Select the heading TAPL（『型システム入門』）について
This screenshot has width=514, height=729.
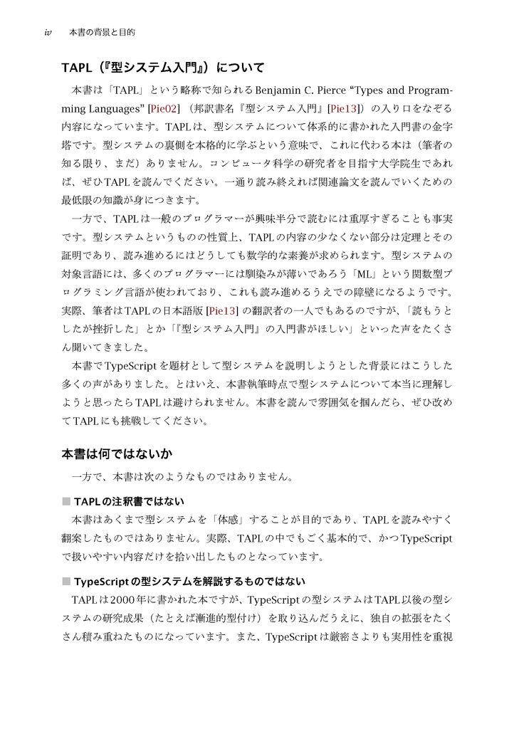pyautogui.click(x=163, y=68)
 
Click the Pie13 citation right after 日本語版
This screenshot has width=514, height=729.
pyautogui.click(x=221, y=311)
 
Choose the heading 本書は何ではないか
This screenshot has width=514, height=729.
pyautogui.click(x=117, y=453)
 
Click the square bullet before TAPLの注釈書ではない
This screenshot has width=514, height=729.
pyautogui.click(x=66, y=501)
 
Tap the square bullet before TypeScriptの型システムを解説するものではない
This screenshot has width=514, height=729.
pyautogui.click(x=66, y=581)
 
